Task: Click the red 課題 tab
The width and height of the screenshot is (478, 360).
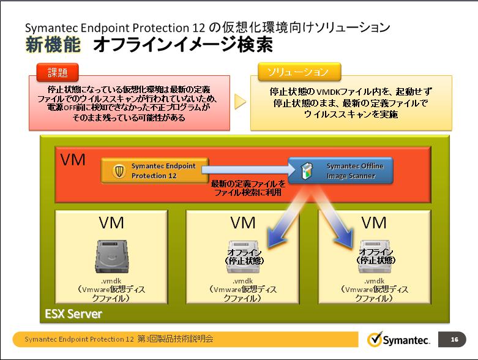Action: tap(58, 72)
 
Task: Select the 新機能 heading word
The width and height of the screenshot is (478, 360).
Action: tap(52, 45)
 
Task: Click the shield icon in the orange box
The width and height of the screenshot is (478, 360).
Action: tap(120, 171)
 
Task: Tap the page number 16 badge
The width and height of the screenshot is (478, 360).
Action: tap(453, 339)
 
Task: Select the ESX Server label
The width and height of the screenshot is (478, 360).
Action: tap(73, 315)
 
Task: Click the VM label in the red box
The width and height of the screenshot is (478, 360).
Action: tap(73, 160)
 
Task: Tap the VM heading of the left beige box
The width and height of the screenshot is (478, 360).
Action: tap(111, 223)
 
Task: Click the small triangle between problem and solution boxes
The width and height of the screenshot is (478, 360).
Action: tap(240, 102)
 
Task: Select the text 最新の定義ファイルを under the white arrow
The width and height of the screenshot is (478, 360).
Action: tap(248, 184)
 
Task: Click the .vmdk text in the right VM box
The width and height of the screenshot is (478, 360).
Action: tap(375, 281)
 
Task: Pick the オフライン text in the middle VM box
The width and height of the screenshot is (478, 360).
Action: tap(243, 252)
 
